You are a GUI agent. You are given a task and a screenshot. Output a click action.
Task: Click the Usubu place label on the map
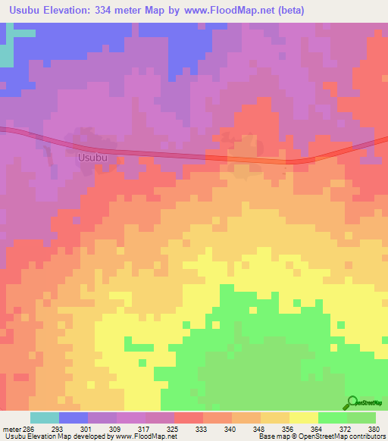click(92, 158)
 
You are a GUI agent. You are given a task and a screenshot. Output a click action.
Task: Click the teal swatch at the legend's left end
click(44, 418)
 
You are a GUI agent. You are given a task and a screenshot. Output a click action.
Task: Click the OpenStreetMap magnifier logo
click(353, 402)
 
